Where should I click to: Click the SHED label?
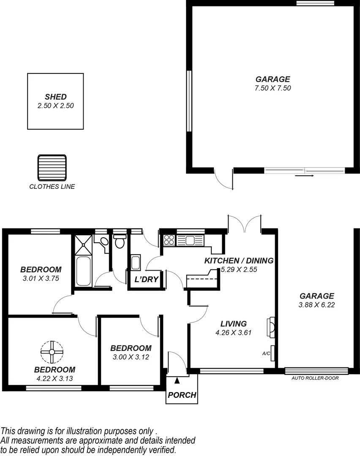pos(55,97)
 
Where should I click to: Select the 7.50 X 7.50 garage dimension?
pos(273,88)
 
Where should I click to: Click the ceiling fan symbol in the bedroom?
pos(52,351)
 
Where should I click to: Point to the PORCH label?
pos(182,395)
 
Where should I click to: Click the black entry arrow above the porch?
pos(177,381)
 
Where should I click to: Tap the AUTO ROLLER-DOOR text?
pos(315,378)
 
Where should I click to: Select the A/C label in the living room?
pos(266,354)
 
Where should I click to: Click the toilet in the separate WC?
pos(120,242)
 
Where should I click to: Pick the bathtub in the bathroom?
pos(83,271)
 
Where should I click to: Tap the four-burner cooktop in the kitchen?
pos(169,240)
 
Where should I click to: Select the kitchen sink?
pos(190,240)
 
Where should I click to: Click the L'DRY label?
pos(146,279)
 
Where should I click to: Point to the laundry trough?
pos(136,263)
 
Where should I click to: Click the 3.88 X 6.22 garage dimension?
pos(317,305)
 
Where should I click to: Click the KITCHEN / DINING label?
pos(239,261)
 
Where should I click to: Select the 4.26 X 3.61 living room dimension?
pos(234,332)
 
